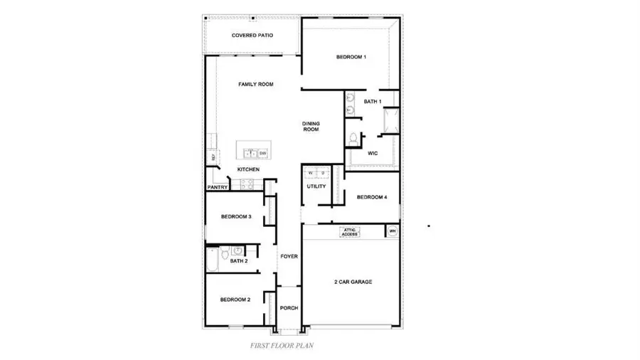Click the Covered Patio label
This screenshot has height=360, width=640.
[x=252, y=36]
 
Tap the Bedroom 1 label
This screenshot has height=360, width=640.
[x=351, y=57]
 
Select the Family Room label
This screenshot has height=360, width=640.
[x=255, y=85]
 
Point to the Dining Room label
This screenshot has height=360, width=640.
[x=311, y=127]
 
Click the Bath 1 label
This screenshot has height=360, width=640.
[x=373, y=102]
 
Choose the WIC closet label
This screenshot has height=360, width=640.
[x=372, y=153]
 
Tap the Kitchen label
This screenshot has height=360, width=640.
[x=248, y=169]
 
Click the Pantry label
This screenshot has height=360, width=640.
[x=218, y=188]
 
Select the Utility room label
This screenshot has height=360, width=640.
[x=316, y=187]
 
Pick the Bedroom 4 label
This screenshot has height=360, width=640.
[x=372, y=198]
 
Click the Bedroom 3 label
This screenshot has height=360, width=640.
[x=235, y=217]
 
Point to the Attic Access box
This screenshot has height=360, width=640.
[x=350, y=231]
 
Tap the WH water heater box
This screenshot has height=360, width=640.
[x=392, y=231]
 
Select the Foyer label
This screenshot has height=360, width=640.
[x=289, y=256]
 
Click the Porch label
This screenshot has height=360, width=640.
[x=289, y=308]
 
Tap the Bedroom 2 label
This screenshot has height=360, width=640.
[x=235, y=300]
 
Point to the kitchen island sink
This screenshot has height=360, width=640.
[x=250, y=153]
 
